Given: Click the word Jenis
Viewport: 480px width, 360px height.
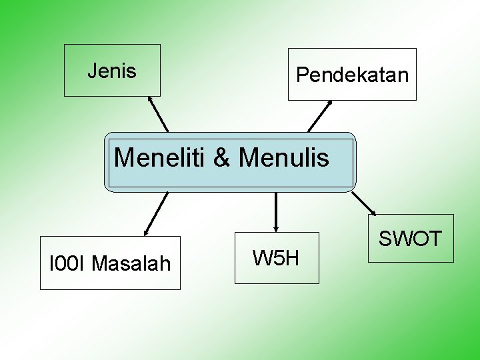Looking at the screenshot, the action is tap(112, 71).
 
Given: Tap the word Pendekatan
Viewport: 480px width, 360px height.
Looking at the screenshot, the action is tap(352, 75).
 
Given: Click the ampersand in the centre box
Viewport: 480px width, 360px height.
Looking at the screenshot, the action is tap(222, 158).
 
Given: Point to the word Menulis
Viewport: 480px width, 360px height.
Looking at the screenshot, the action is tap(283, 158).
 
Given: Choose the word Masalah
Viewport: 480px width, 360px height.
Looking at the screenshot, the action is tap(131, 264).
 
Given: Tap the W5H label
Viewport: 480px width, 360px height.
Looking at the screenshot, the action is tap(276, 257).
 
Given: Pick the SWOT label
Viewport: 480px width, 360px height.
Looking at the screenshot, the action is tap(410, 239).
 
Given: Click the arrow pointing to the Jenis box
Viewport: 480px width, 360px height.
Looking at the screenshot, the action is tap(159, 114).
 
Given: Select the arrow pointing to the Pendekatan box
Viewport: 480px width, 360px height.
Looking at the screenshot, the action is tap(320, 115).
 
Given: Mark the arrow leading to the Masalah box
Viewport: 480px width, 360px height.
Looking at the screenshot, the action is tap(156, 214).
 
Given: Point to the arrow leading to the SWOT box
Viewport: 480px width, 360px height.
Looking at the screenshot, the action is tap(364, 203).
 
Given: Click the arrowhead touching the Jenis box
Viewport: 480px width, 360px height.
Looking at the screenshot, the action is tap(151, 99).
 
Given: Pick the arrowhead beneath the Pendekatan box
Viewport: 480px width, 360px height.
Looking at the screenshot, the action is tap(330, 103).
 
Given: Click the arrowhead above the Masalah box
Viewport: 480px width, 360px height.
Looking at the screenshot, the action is tap(146, 233).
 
